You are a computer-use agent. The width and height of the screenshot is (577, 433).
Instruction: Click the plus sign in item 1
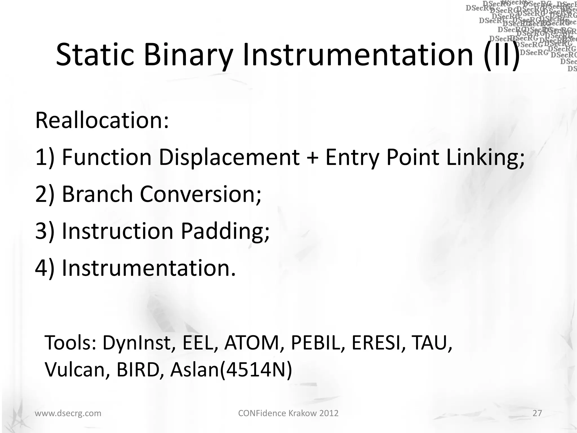pos(312,157)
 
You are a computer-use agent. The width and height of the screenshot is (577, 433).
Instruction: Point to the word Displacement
pos(229,157)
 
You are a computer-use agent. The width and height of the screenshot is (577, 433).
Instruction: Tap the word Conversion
pos(200,194)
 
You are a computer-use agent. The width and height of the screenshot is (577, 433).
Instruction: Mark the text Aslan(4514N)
pos(231,370)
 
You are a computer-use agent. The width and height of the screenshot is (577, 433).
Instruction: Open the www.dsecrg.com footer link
pos(68,413)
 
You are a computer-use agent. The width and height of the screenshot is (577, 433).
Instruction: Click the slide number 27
pos(537,413)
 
